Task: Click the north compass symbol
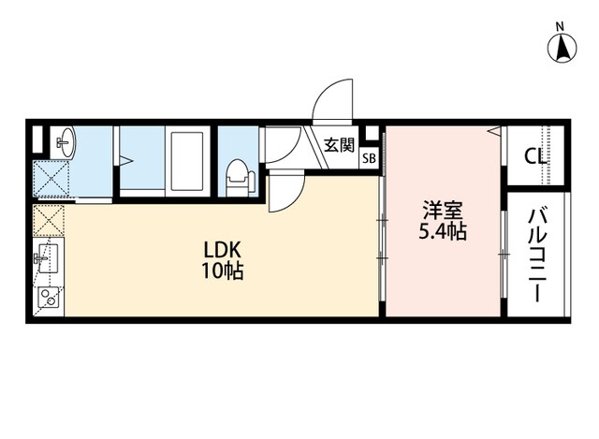[562, 49]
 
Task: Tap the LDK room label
[222, 251]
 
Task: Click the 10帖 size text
[223, 271]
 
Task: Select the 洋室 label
[443, 210]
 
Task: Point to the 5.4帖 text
[443, 231]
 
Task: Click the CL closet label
[534, 156]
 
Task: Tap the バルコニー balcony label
[536, 256]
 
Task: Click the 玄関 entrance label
[339, 145]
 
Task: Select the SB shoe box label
[369, 158]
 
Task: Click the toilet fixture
[240, 178]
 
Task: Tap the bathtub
[187, 161]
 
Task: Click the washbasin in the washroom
[66, 142]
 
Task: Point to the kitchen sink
[46, 258]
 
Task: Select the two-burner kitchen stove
[49, 298]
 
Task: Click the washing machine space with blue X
[51, 179]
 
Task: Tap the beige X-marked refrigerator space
[49, 221]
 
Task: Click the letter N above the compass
[560, 27]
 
